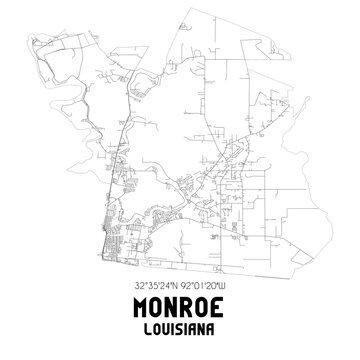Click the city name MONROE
[180, 307]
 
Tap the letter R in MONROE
[191, 307]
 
